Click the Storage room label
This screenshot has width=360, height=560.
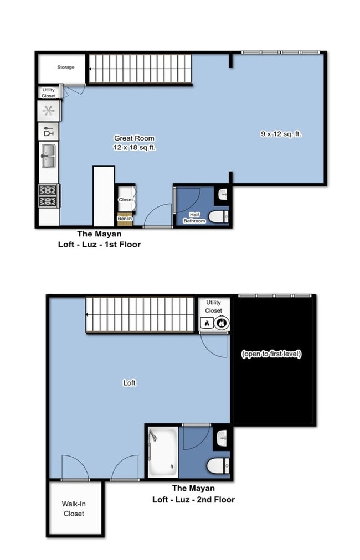click(65, 68)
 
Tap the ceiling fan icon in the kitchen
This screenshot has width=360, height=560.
click(49, 111)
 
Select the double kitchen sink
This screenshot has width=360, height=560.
click(48, 155)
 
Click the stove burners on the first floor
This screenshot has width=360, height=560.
click(48, 195)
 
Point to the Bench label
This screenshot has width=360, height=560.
click(125, 219)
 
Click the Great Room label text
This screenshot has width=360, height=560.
click(134, 138)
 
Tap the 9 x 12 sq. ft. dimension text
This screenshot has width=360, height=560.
click(281, 134)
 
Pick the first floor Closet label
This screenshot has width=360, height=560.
click(125, 200)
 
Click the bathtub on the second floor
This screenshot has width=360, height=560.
click(163, 452)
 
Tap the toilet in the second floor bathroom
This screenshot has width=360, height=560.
click(217, 466)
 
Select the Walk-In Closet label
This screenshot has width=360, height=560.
click(74, 509)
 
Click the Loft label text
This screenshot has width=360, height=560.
click(129, 383)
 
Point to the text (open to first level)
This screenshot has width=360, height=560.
click(271, 354)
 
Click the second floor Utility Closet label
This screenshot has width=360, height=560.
click(214, 306)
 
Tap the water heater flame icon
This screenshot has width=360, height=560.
click(207, 323)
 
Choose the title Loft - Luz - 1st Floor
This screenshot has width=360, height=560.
click(99, 244)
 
